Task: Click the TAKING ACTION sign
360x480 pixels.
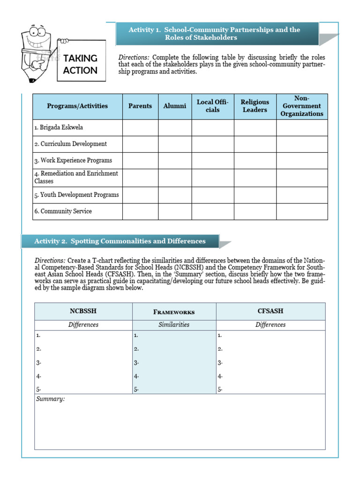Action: (80, 64)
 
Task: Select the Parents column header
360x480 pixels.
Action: (140, 106)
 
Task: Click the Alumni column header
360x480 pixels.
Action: (175, 106)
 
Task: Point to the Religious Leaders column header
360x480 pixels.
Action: (255, 106)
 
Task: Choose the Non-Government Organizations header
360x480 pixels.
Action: (302, 106)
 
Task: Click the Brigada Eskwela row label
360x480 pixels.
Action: (59, 127)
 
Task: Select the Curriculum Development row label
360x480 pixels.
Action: (70, 144)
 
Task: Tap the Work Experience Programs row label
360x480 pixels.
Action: (73, 160)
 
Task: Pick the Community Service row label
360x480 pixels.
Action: (63, 211)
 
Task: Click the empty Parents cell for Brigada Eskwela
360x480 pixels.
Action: (140, 127)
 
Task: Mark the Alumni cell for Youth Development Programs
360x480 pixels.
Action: (175, 195)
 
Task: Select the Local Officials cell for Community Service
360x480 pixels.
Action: (213, 211)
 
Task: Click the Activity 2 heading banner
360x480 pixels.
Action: (120, 241)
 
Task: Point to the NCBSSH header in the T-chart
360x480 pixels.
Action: (83, 311)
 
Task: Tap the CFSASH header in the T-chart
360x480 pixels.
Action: (270, 311)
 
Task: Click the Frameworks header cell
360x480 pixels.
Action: (174, 312)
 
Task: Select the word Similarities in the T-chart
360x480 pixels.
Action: (174, 325)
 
